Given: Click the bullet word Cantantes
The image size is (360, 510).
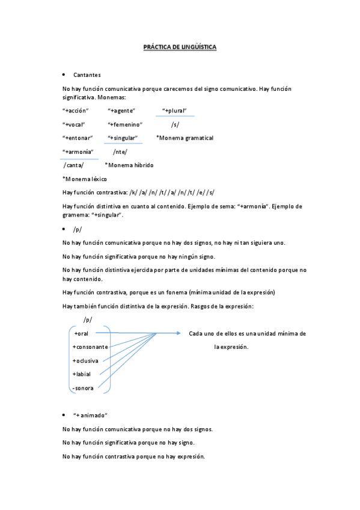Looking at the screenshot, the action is [87, 75].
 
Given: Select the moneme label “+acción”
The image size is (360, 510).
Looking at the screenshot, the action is [76, 111].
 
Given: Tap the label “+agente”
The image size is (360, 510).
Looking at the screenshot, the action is [121, 111].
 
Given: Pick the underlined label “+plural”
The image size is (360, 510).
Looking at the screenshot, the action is [178, 111].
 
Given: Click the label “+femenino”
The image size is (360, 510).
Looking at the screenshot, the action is [125, 124].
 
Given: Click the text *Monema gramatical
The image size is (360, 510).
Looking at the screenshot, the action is [185, 138].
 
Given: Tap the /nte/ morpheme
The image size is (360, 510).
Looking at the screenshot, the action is [120, 152].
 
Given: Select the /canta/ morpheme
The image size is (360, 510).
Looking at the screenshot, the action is [73, 165].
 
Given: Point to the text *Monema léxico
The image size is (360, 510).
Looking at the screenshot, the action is [85, 179].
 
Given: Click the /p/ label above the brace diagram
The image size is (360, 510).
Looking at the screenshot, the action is [88, 319].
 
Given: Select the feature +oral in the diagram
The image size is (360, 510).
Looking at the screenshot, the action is [81, 333].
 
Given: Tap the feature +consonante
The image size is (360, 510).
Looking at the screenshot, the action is [90, 347].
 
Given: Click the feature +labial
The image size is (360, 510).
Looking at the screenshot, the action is [82, 374].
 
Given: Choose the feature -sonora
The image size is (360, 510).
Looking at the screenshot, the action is [82, 388].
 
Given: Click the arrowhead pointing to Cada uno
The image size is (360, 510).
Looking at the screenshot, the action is [177, 333].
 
